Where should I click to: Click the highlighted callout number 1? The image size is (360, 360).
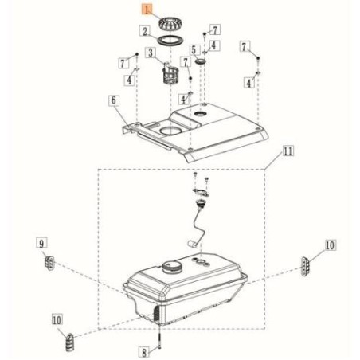tap(147, 10)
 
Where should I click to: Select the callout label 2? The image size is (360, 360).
tap(145, 31)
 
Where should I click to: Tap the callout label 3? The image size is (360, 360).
tap(151, 53)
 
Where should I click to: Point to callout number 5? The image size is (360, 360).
tap(194, 49)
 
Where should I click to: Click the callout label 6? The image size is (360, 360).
tap(114, 100)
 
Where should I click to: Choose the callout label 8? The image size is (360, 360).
tap(144, 353)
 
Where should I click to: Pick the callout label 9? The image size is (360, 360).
tap(41, 243)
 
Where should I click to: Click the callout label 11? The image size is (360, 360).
tap(288, 151)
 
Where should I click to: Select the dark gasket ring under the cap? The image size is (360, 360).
tap(170, 41)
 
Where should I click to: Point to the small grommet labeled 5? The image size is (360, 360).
tap(201, 62)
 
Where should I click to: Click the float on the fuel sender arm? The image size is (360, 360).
tap(191, 244)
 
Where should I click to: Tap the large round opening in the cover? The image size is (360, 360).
tap(170, 130)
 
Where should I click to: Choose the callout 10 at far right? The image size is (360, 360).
tap(330, 245)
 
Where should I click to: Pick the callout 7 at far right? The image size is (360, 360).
tap(244, 47)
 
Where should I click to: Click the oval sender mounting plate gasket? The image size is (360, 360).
tap(201, 192)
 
